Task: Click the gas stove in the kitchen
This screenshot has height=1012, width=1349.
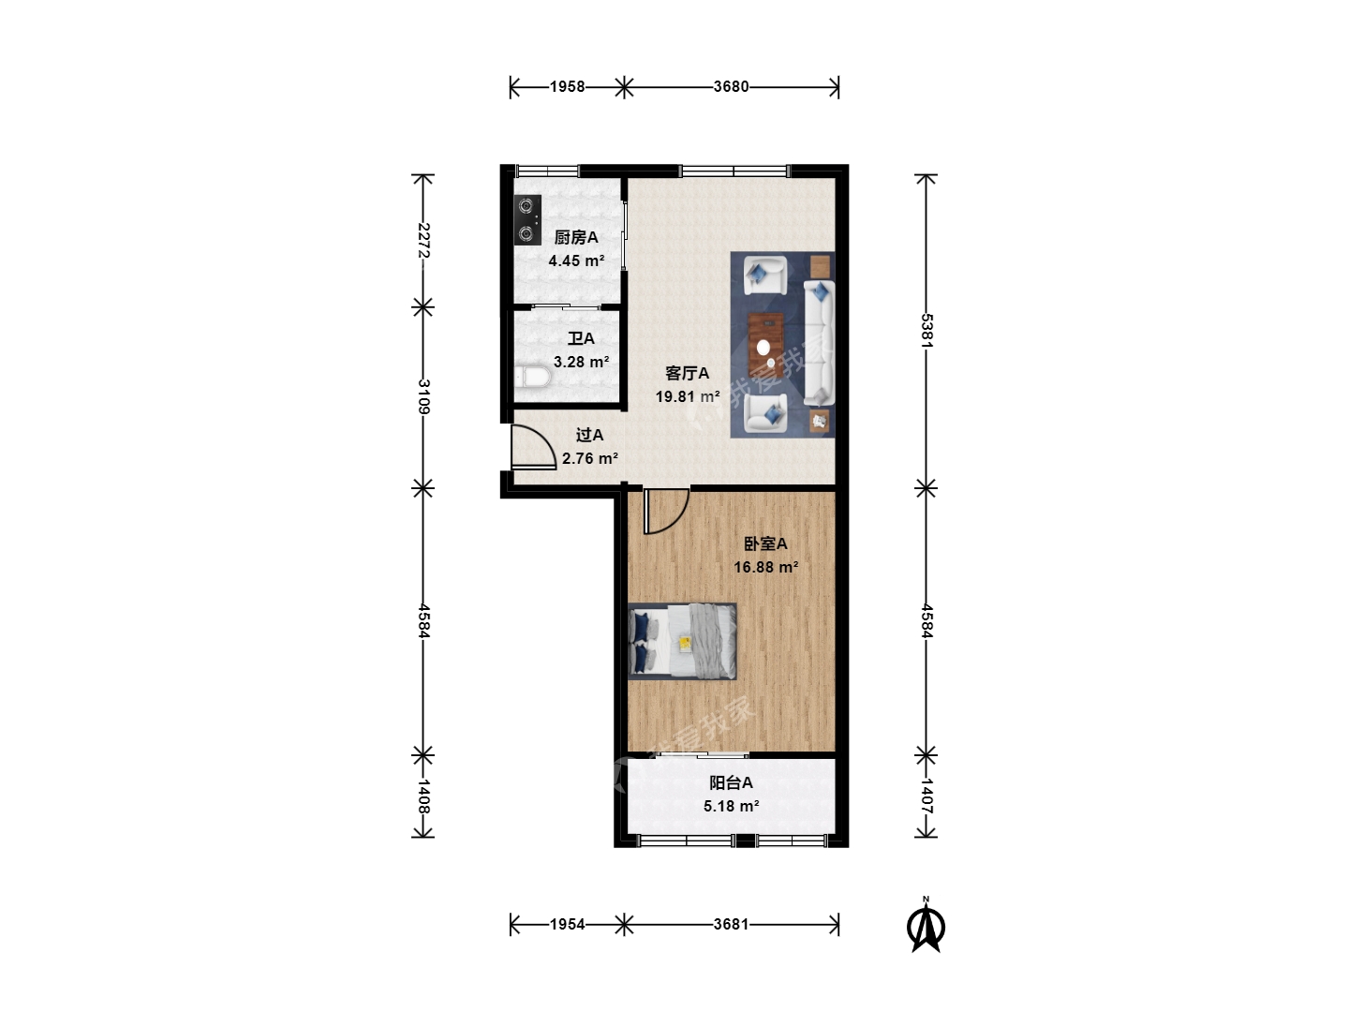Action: (x=527, y=220)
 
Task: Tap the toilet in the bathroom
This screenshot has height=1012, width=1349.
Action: (x=532, y=377)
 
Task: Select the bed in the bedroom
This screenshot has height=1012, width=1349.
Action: (x=682, y=642)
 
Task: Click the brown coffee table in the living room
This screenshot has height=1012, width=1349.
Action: (x=765, y=346)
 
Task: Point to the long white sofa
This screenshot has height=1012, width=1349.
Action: (x=819, y=342)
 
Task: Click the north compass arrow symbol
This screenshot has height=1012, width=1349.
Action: (x=927, y=925)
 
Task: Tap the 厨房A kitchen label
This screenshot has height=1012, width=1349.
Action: (x=576, y=237)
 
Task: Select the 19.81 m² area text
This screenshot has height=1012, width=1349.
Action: (x=687, y=397)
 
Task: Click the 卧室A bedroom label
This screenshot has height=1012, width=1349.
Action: (x=765, y=543)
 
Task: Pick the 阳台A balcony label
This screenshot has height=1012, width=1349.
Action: (x=731, y=782)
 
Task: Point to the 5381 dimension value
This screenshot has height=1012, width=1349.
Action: (x=927, y=331)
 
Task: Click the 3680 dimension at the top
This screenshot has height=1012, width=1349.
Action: (x=732, y=86)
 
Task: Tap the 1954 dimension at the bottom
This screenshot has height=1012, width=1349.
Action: (x=568, y=924)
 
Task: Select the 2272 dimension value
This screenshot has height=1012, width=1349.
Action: (x=423, y=240)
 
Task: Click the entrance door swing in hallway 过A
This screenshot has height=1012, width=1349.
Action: (x=533, y=447)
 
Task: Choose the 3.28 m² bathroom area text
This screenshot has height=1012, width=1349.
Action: (x=581, y=362)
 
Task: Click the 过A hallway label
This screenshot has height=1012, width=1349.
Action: (x=589, y=436)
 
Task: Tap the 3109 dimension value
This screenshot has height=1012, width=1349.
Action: (x=423, y=396)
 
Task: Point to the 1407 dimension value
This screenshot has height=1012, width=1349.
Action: (x=927, y=796)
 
